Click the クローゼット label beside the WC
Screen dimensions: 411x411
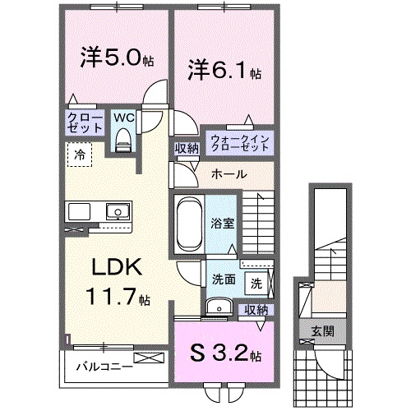pyautogui.click(x=85, y=123)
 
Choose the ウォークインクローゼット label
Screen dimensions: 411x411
pyautogui.click(x=239, y=141)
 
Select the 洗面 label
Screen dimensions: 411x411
pyautogui.click(x=223, y=279)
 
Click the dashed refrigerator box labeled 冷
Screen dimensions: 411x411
pyautogui.click(x=81, y=153)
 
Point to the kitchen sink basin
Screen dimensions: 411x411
pyautogui.click(x=117, y=214)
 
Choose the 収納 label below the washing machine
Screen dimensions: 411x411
pyautogui.click(x=256, y=310)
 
